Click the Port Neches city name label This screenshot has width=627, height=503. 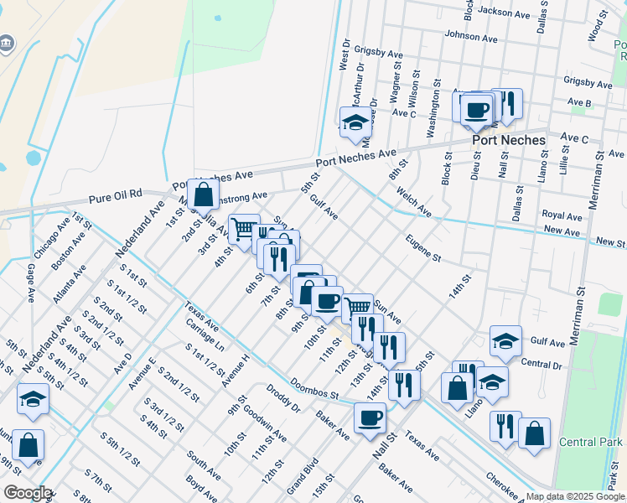pyautogui.click(x=508, y=141)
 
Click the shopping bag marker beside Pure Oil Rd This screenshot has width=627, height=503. pyautogui.click(x=204, y=195)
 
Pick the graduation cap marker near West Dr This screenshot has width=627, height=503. pyautogui.click(x=355, y=122)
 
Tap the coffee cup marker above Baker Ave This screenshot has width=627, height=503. pyautogui.click(x=370, y=417)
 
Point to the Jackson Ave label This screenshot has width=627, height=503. pyautogui.click(x=505, y=13)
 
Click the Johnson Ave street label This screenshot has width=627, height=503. pyautogui.click(x=471, y=37)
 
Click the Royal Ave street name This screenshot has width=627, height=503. pyautogui.click(x=562, y=215)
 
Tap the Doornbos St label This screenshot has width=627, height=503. pyautogui.click(x=314, y=389)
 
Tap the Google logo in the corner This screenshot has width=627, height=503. pyautogui.click(x=27, y=493)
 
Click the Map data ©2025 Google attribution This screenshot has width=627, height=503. pyautogui.click(x=574, y=496)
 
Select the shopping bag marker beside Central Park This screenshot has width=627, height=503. pyautogui.click(x=534, y=434)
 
